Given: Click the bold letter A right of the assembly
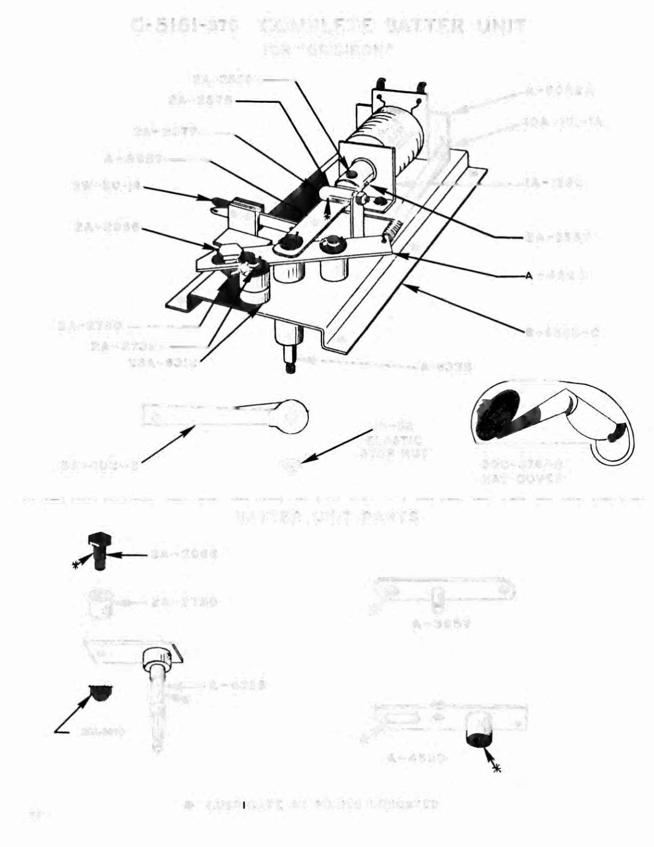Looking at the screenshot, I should [x=529, y=275].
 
